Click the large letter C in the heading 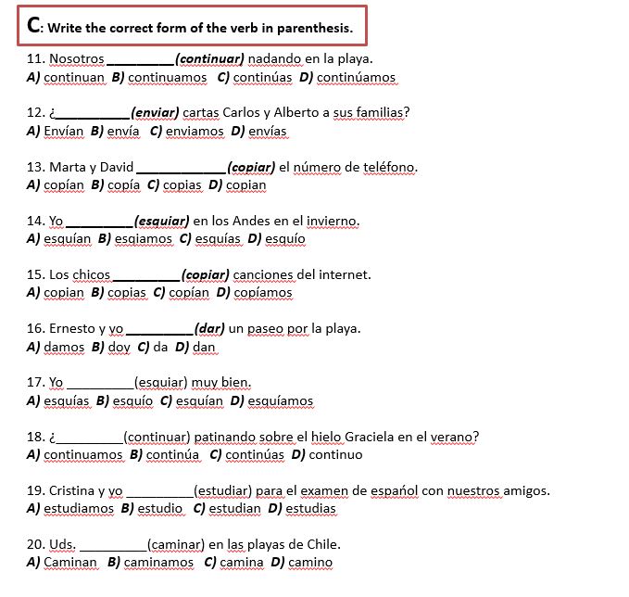[x=33, y=25]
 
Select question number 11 [x=36, y=59]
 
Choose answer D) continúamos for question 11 [x=347, y=78]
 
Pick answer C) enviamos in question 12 [x=186, y=132]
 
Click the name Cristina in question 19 [x=53, y=490]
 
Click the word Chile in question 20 [x=322, y=544]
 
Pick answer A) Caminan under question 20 [x=62, y=563]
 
